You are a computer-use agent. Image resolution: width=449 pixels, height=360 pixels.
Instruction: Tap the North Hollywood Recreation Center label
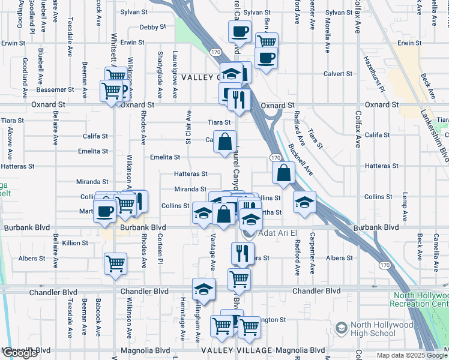[420, 299]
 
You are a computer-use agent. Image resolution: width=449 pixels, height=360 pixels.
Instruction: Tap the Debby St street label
[152, 27]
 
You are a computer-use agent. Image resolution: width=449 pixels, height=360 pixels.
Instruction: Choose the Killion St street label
[75, 243]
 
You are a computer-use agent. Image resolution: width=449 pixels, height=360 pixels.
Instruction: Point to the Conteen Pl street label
[160, 247]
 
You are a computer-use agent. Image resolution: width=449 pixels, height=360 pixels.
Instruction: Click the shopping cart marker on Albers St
[115, 262]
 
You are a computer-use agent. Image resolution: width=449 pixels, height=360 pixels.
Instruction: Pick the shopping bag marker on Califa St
[224, 142]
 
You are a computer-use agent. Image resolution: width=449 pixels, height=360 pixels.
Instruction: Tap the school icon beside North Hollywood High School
[342, 328]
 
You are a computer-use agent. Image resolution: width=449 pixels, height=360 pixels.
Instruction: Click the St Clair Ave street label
[188, 127]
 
